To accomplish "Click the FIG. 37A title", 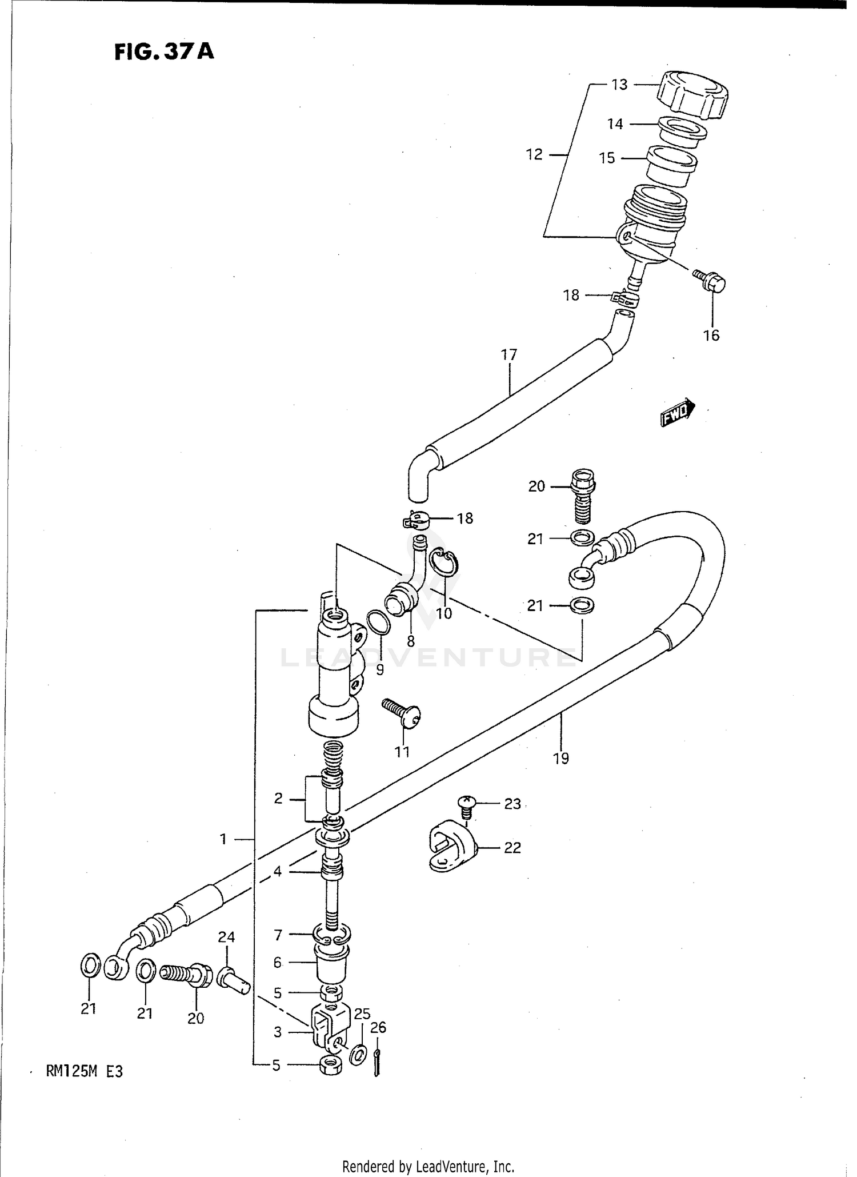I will (x=163, y=52).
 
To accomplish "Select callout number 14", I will (x=615, y=124).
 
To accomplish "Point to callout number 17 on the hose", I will (x=508, y=355).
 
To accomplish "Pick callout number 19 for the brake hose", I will (x=561, y=758).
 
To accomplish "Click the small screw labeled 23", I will (x=467, y=805).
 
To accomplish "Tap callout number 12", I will (x=534, y=154).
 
